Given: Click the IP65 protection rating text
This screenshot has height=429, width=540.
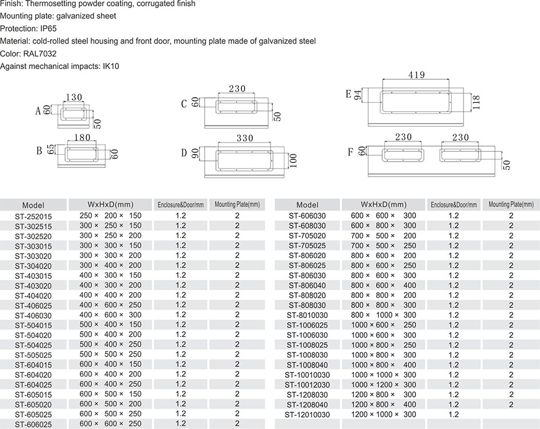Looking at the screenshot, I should tap(49, 28).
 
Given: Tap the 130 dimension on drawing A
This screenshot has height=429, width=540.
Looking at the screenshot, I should tap(74, 98).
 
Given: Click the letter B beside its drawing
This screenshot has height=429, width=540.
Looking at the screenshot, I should tap(39, 151).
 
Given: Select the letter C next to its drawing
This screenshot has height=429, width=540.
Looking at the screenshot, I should tap(184, 104).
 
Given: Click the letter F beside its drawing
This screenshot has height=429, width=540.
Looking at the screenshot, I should tap(350, 152).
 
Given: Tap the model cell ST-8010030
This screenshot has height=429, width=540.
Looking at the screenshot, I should tap(307, 315).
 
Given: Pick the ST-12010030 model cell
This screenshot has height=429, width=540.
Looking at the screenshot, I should tap(307, 415).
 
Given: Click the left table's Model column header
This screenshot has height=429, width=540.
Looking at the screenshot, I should tap(33, 205).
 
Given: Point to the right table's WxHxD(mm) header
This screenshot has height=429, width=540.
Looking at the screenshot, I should tap(383, 205).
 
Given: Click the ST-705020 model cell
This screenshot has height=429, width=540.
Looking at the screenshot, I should tap(307, 236).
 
